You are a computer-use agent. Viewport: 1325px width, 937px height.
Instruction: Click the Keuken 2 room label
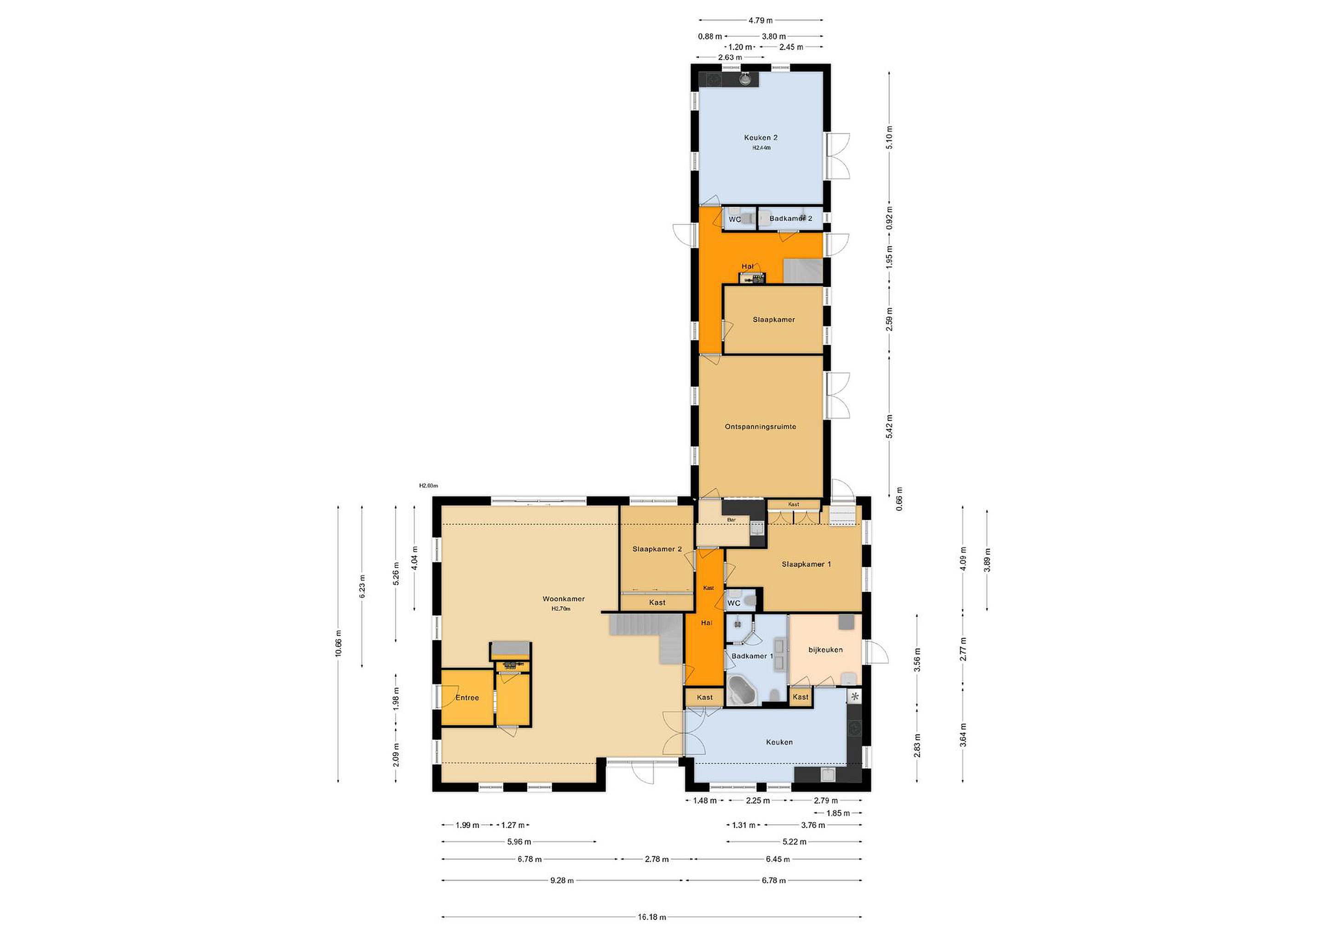[760, 138]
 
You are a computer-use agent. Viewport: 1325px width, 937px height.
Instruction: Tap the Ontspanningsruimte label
[760, 426]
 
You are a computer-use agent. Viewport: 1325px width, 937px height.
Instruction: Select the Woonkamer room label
[563, 598]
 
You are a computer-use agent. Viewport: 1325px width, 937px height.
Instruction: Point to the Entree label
[467, 697]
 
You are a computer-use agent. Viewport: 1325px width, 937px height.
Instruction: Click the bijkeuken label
[825, 650]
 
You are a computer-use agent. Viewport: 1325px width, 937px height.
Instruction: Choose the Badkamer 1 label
[752, 656]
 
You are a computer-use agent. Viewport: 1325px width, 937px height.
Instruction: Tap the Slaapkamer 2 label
[657, 549]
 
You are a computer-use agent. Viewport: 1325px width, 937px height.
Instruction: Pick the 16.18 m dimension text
[651, 917]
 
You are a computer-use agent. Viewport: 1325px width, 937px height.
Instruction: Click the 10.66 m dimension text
[338, 644]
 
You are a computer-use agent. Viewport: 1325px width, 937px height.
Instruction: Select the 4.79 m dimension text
[760, 20]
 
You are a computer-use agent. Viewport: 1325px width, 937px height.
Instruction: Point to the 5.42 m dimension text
[889, 426]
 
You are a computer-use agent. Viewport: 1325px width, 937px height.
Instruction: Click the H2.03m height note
[428, 486]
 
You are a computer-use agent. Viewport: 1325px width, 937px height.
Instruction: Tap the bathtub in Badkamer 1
[742, 690]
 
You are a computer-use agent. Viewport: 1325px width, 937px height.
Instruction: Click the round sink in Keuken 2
[746, 79]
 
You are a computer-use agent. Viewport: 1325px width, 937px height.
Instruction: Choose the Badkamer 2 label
[790, 218]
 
